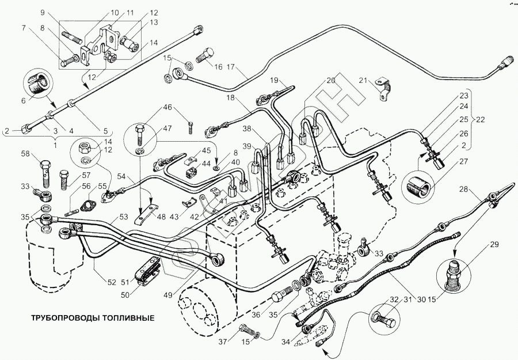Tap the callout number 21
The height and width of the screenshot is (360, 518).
tap(363, 80)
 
